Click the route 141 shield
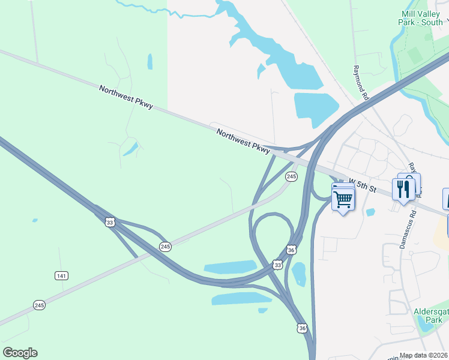pyautogui.click(x=61, y=275)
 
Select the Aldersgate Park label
pyautogui.click(x=428, y=316)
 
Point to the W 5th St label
pyautogui.click(x=361, y=185)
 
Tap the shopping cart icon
pyautogui.click(x=343, y=199)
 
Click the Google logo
pyautogui.click(x=20, y=353)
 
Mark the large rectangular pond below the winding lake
pyautogui.click(x=316, y=109)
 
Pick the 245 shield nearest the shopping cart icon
pyautogui.click(x=291, y=176)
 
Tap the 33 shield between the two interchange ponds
pyautogui.click(x=277, y=265)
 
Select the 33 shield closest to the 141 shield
pyautogui.click(x=109, y=222)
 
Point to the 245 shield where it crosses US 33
pyautogui.click(x=165, y=247)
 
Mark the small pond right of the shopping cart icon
pyautogui.click(x=370, y=212)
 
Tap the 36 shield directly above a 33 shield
pyautogui.click(x=291, y=249)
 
